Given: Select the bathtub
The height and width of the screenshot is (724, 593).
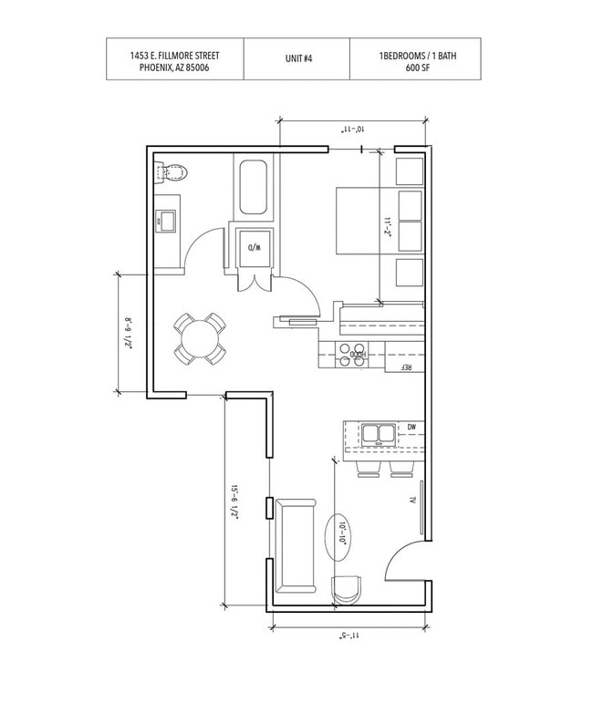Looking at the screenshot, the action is (x=253, y=187).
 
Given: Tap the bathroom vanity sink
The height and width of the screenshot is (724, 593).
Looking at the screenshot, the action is (x=166, y=222).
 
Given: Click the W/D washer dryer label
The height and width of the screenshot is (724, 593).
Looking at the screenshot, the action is (x=255, y=248).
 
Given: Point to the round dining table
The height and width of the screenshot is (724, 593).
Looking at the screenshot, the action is (x=201, y=339).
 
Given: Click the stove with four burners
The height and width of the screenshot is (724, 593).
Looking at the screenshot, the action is (x=352, y=355).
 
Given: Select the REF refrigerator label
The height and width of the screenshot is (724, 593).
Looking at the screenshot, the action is (x=405, y=367).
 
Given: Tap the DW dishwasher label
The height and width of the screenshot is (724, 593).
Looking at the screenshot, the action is (x=411, y=428).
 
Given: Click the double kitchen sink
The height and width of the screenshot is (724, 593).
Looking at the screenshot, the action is (x=378, y=435).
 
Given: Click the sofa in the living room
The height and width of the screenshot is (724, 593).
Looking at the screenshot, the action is (x=296, y=546).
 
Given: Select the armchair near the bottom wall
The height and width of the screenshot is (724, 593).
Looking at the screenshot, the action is (x=348, y=590).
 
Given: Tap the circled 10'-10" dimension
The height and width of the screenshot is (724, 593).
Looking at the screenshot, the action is (x=343, y=534).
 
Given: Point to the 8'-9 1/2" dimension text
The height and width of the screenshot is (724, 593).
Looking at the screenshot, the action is (x=128, y=333).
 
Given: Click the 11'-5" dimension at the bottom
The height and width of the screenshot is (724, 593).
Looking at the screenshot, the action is (x=349, y=636).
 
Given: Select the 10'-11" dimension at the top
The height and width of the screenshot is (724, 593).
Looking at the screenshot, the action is (x=352, y=129).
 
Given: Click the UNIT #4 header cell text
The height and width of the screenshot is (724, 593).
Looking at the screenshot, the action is (x=298, y=58).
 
